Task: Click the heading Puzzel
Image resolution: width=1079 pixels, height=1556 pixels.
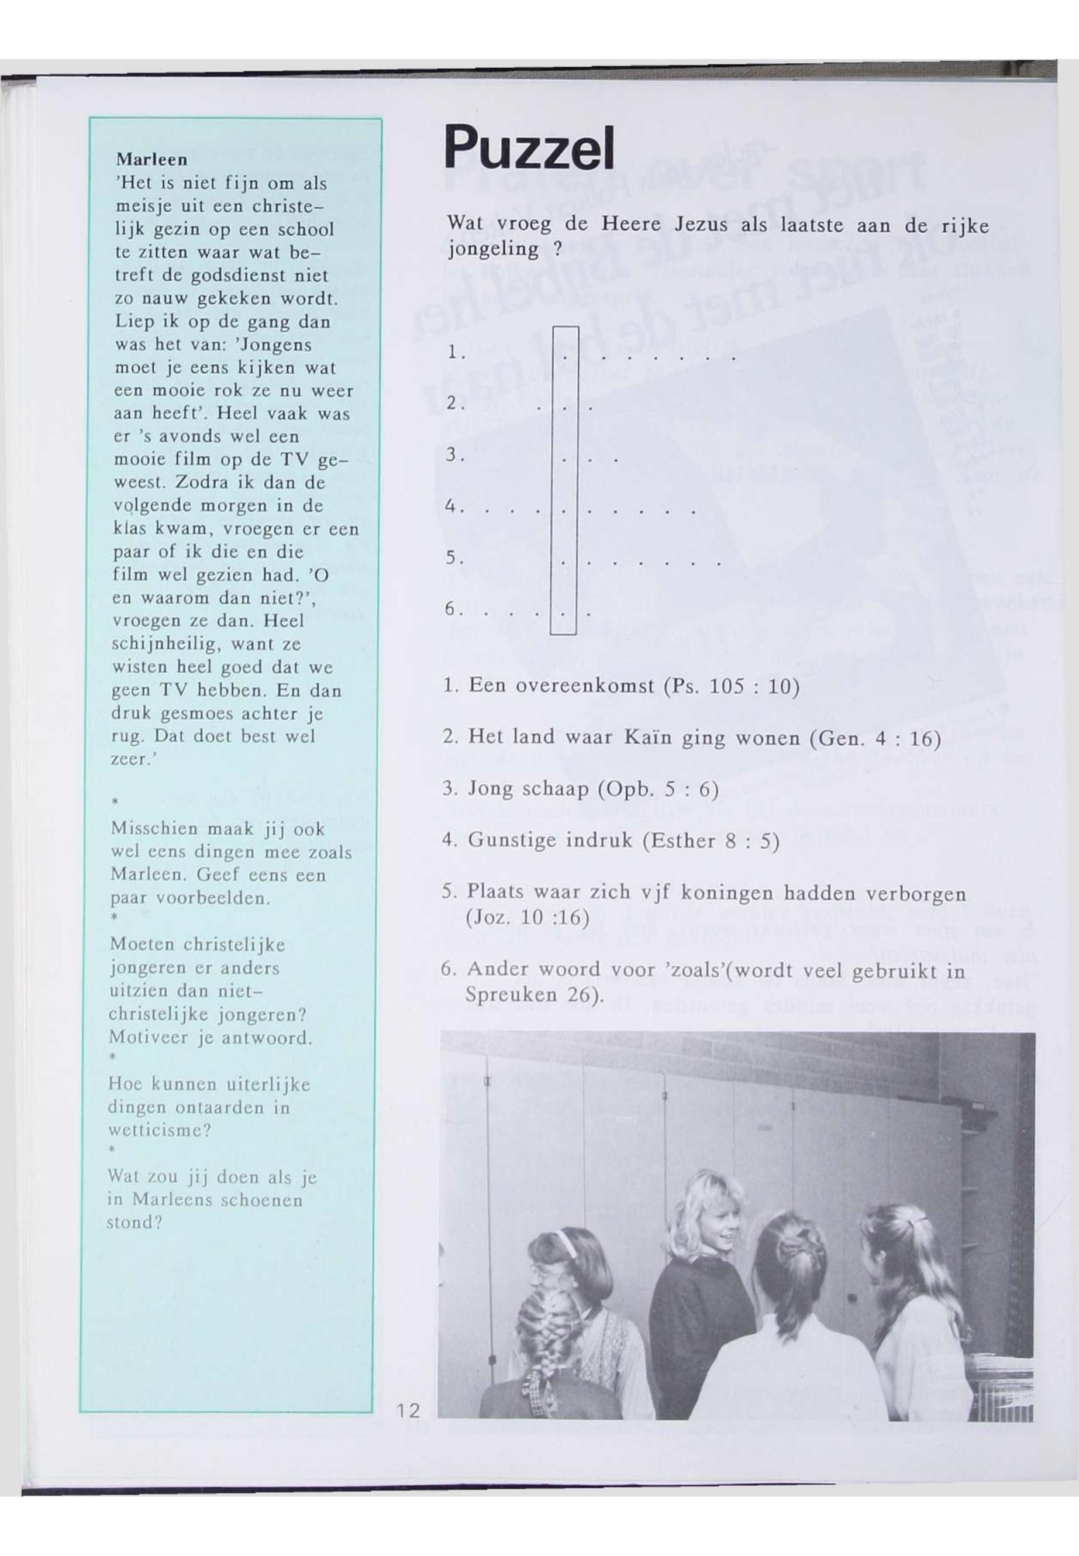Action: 529,149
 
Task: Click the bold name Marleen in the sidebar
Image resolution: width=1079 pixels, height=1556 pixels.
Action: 151,160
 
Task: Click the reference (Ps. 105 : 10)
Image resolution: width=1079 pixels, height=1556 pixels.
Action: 732,687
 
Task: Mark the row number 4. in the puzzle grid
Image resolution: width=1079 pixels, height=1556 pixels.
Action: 454,507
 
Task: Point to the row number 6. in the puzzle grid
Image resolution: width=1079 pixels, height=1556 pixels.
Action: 454,610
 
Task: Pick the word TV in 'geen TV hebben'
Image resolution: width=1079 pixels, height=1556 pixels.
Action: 169,690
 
